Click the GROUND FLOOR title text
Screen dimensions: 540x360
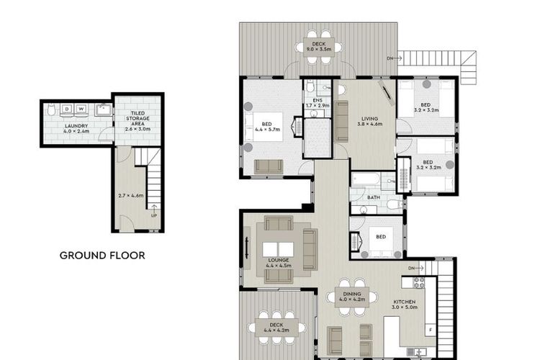102,256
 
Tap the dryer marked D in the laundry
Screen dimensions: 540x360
67,109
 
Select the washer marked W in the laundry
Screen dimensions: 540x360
81,109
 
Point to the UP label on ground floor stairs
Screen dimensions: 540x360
154,216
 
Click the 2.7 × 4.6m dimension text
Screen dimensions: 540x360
131,195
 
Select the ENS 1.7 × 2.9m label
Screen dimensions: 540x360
318,103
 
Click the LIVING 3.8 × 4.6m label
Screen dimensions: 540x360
370,121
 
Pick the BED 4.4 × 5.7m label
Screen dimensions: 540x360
267,127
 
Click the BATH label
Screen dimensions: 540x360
374,197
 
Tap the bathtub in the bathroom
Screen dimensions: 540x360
366,179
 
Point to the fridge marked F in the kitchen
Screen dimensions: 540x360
431,330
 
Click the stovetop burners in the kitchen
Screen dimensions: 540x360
419,282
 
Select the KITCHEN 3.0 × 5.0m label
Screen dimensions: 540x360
405,305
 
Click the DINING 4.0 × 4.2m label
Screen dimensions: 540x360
352,297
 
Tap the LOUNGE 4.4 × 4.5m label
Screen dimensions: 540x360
279,263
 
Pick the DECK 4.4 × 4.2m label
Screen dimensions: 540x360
276,328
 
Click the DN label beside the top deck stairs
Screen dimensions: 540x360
390,58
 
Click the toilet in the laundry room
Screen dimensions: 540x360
51,109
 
